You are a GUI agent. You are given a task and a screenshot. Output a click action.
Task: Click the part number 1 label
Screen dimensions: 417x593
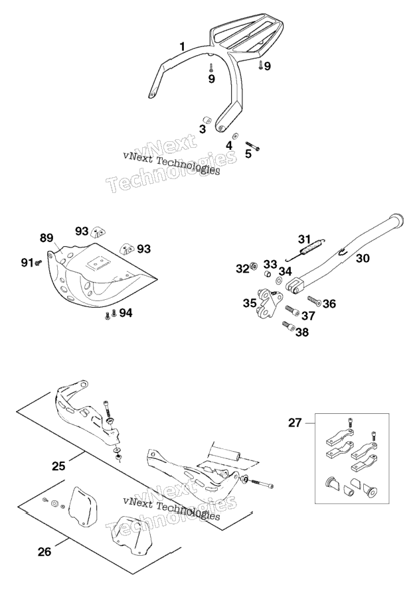pyautogui.click(x=183, y=47)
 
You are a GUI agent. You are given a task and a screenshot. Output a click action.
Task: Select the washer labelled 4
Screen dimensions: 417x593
pyautogui.click(x=235, y=135)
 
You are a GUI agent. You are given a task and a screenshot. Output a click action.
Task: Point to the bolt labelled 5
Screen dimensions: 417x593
pyautogui.click(x=252, y=146)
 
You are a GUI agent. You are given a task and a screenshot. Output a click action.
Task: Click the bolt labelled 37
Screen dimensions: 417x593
pyautogui.click(x=292, y=310)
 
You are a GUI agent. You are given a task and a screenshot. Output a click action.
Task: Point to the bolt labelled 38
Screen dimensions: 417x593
pyautogui.click(x=290, y=326)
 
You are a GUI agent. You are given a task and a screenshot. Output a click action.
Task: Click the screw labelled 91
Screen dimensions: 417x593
pyautogui.click(x=38, y=263)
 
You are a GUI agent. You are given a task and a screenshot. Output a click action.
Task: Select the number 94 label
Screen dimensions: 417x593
pyautogui.click(x=125, y=313)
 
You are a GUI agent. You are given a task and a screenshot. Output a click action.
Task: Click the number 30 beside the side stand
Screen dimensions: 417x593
pyautogui.click(x=363, y=258)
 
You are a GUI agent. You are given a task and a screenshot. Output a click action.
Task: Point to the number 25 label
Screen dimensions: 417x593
pyautogui.click(x=58, y=466)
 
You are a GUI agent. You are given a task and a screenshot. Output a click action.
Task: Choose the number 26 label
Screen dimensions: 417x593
pyautogui.click(x=44, y=552)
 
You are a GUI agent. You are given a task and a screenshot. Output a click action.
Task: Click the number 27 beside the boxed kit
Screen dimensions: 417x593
pyautogui.click(x=295, y=423)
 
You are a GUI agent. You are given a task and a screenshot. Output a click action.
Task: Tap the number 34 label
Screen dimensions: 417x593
pyautogui.click(x=286, y=271)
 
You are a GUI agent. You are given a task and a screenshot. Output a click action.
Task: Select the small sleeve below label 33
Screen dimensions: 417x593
pyautogui.click(x=268, y=273)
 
